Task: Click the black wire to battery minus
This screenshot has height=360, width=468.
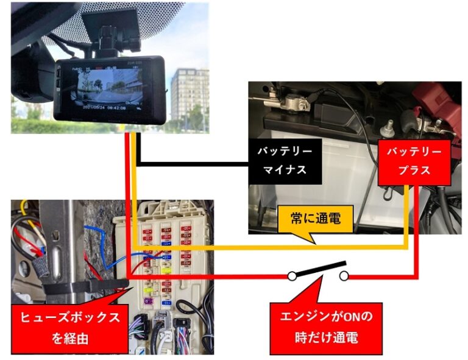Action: (x=195, y=163)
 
